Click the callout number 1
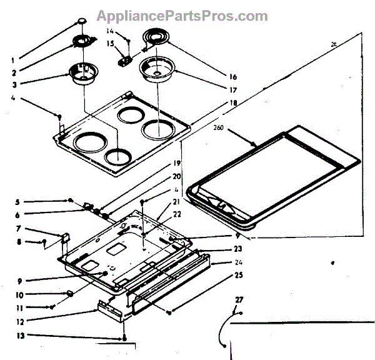[x=13, y=61]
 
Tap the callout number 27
[x=238, y=301]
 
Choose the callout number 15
[x=110, y=43]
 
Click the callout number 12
[x=21, y=322]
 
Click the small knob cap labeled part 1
[x=82, y=23]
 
